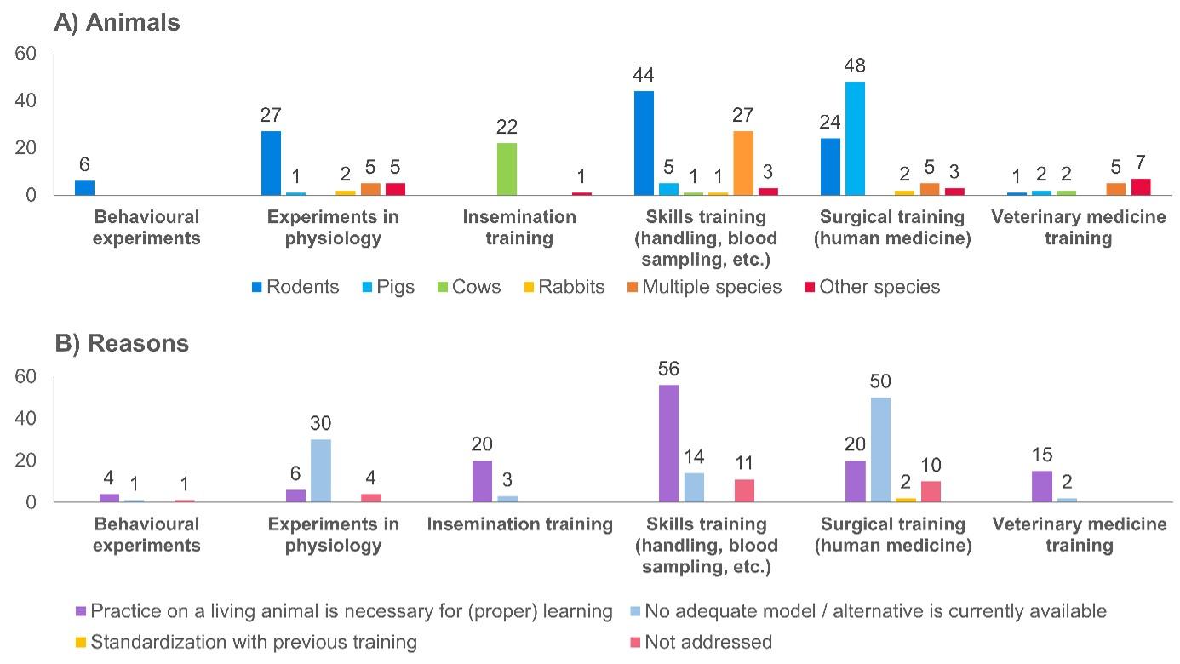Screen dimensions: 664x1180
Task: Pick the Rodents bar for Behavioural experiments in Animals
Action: pyautogui.click(x=84, y=188)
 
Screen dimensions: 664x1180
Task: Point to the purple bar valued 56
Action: pyautogui.click(x=668, y=444)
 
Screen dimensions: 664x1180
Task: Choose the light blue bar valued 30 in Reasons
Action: pyautogui.click(x=321, y=471)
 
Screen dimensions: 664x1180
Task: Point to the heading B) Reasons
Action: pyautogui.click(x=122, y=343)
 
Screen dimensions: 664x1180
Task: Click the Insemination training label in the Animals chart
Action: pyautogui.click(x=519, y=227)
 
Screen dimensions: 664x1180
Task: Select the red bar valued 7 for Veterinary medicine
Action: pyautogui.click(x=1140, y=187)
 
